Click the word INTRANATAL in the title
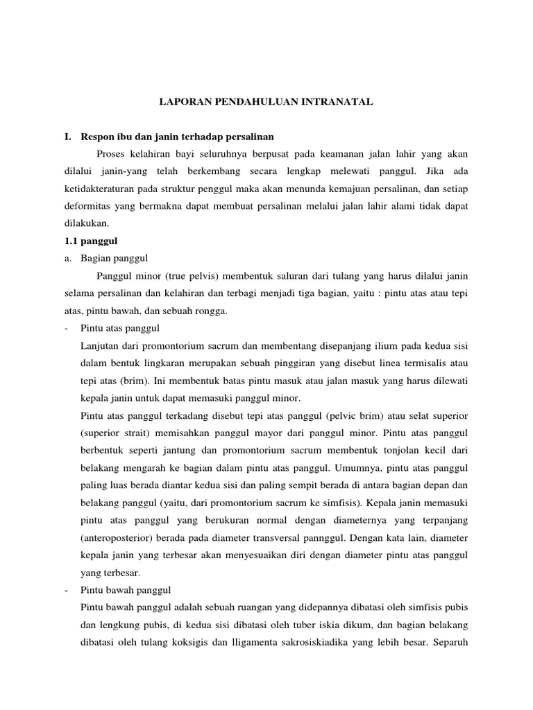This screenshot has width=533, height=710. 341,101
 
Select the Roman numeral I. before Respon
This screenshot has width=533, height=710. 68,137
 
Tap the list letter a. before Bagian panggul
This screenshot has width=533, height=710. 68,259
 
